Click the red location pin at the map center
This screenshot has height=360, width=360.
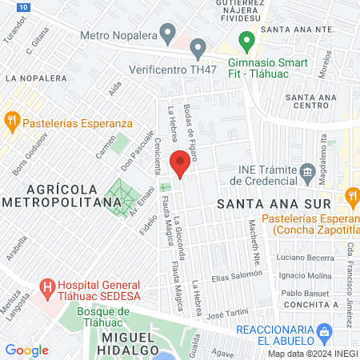181,165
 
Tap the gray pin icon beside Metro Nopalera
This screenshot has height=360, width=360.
167,34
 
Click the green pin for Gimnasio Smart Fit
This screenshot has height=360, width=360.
246,40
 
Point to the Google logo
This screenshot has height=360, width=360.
26,350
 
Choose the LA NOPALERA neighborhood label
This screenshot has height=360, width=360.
36,78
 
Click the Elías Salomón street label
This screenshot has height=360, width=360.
238,276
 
